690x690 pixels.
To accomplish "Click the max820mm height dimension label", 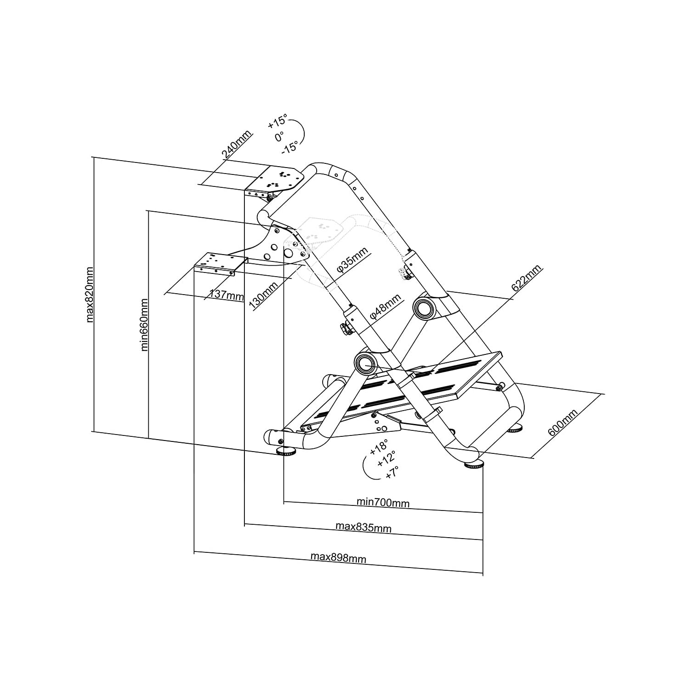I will (90, 295).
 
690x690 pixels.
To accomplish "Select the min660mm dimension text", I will (145, 325).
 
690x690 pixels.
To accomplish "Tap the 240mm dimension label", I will (237, 144).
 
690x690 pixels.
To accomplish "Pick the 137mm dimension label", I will (226, 294).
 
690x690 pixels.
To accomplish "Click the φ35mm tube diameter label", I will (352, 261).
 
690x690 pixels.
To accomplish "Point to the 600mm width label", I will (562, 423).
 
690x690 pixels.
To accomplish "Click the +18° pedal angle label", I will (379, 446).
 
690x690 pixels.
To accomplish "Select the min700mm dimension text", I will (383, 502).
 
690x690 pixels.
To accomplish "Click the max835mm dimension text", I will (363, 527).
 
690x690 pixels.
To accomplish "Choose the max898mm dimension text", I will (338, 557).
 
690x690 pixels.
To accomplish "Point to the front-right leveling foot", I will (474, 465).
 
